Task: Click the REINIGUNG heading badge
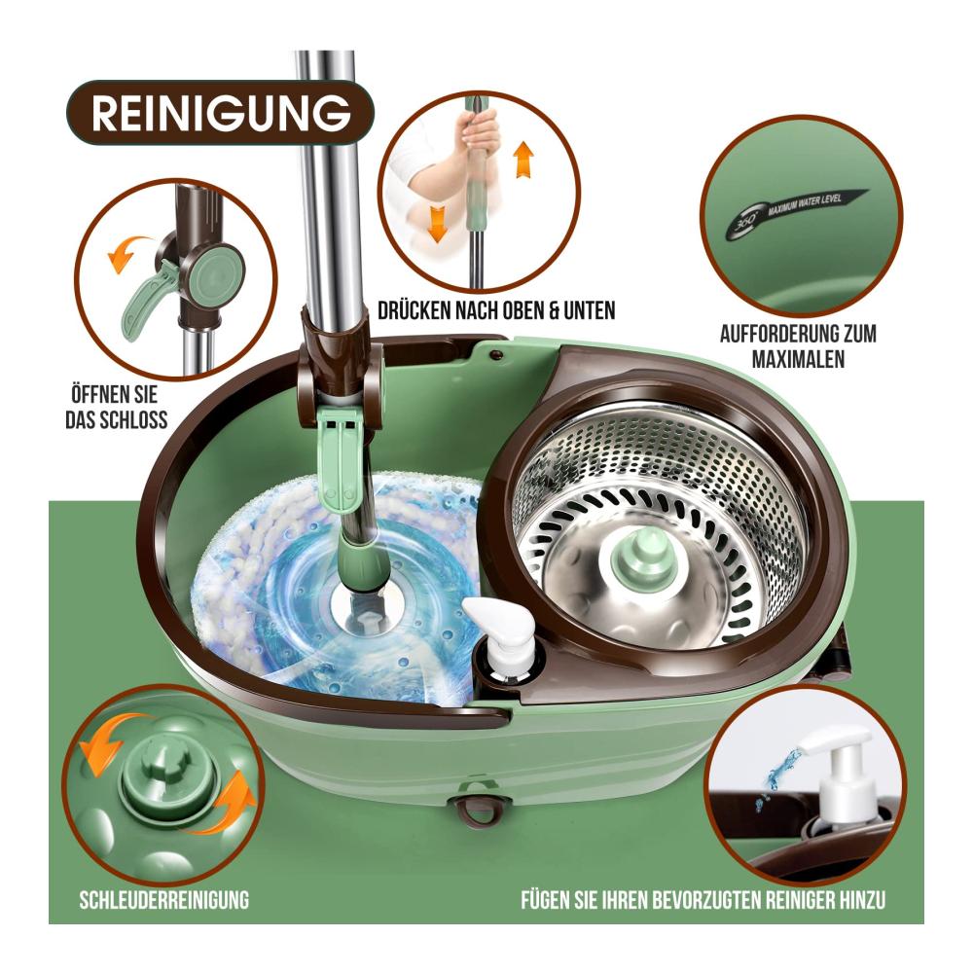click(x=220, y=113)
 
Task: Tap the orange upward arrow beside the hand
click(x=524, y=160)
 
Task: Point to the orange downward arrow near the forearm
click(x=438, y=224)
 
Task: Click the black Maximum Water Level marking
click(x=796, y=212)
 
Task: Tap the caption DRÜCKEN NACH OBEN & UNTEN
click(x=496, y=310)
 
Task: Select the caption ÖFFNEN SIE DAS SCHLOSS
click(x=117, y=407)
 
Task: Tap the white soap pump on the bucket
click(x=501, y=639)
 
